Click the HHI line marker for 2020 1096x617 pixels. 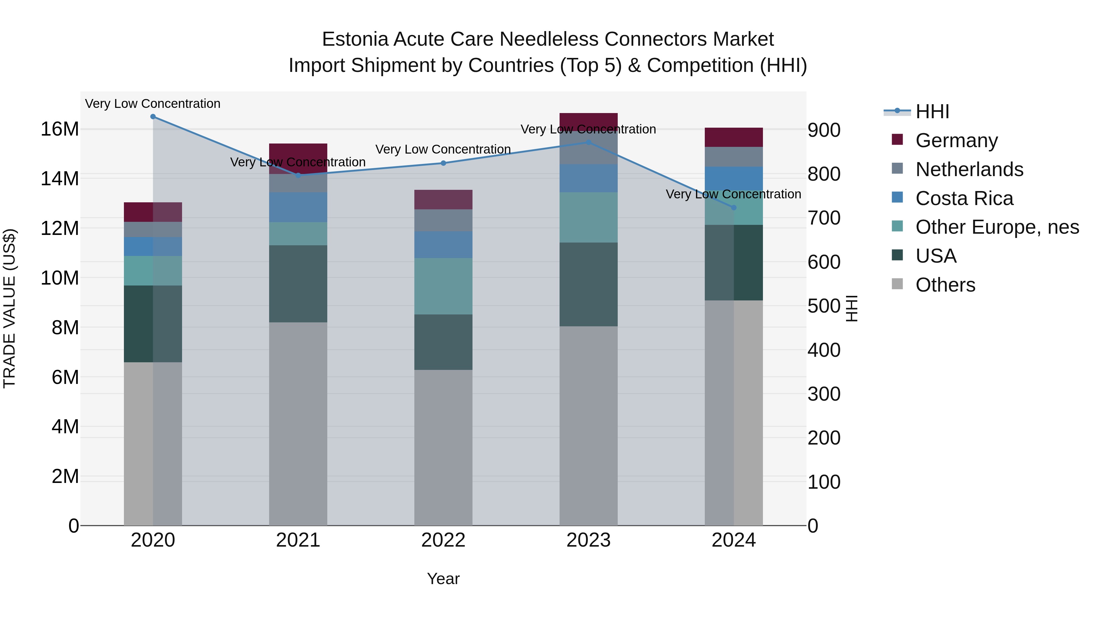(153, 117)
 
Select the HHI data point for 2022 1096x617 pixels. (443, 163)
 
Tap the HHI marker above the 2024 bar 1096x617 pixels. (733, 208)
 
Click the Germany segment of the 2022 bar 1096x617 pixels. (443, 200)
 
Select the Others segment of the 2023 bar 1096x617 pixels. (588, 426)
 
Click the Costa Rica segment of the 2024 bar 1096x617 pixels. (733, 179)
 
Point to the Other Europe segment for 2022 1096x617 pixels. (443, 286)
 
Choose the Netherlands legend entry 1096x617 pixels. (969, 169)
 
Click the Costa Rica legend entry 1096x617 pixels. (964, 198)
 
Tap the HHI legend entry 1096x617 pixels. (932, 112)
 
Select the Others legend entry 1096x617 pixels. (945, 285)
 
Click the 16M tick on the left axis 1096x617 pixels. (60, 129)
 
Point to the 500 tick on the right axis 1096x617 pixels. (824, 306)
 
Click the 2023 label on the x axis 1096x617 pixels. (588, 540)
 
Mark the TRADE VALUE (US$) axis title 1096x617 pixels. (9, 308)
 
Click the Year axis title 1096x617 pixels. (443, 579)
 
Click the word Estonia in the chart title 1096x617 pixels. (355, 39)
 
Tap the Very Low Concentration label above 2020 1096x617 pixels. (153, 104)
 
